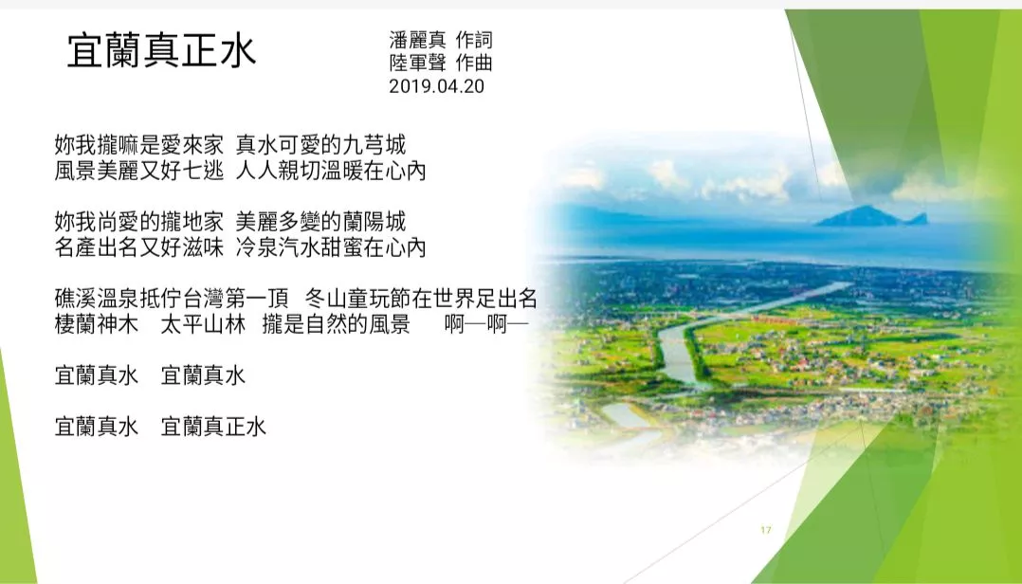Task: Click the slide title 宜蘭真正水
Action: click(x=161, y=51)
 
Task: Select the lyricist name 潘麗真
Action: click(x=418, y=40)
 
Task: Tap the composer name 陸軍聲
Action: click(x=418, y=63)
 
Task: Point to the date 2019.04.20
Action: click(x=437, y=86)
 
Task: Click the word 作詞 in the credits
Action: click(x=474, y=40)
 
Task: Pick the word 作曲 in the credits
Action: click(x=474, y=63)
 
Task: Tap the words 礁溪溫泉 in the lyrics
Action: click(x=97, y=299)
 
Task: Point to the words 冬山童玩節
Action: click(x=357, y=299)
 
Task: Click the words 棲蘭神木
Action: click(x=97, y=324)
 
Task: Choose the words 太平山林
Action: click(x=203, y=324)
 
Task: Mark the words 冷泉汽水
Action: click(x=277, y=247)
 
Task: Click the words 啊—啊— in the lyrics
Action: click(x=486, y=324)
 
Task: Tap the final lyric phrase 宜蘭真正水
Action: click(x=214, y=427)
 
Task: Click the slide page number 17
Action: click(x=766, y=530)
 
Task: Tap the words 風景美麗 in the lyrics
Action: click(x=97, y=171)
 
